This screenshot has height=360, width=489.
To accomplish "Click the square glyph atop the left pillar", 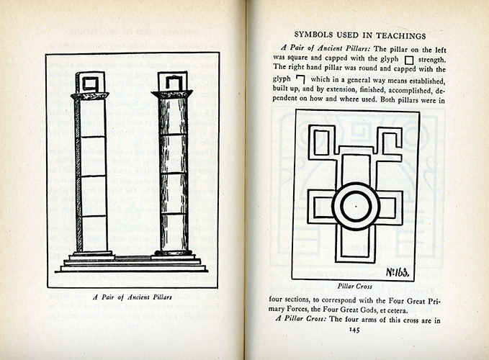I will pyautogui.click(x=91, y=82).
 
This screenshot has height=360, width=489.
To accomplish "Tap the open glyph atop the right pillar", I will pyautogui.click(x=173, y=81).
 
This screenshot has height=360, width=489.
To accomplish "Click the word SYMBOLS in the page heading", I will pyautogui.click(x=320, y=35).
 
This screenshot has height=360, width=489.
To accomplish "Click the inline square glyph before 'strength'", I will pyautogui.click(x=408, y=59).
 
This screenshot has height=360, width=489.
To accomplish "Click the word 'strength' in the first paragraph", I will pyautogui.click(x=432, y=59).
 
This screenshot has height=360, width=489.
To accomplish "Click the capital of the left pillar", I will pyautogui.click(x=90, y=96).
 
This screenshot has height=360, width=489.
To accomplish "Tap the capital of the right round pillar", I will pyautogui.click(x=173, y=94).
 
